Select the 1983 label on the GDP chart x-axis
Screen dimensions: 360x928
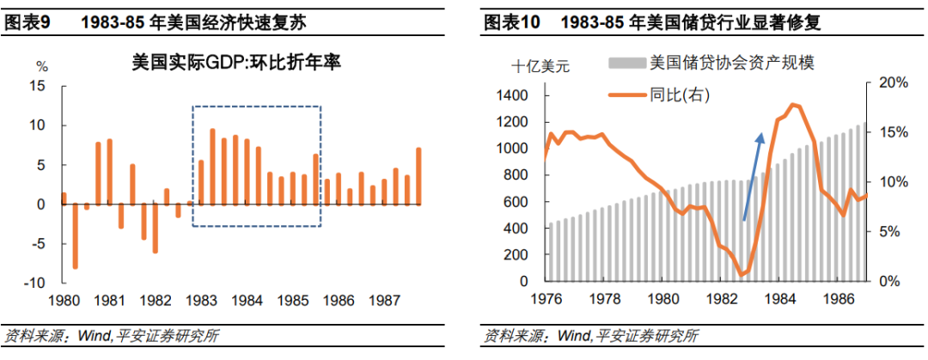201,302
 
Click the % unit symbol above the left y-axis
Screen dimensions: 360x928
41,66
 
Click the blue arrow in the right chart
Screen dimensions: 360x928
752,176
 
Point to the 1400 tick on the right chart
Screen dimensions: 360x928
512,96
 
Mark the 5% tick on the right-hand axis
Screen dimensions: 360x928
891,232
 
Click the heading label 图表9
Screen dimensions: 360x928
28,23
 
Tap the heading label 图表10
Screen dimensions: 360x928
512,23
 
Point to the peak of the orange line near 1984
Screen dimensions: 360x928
791,105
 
